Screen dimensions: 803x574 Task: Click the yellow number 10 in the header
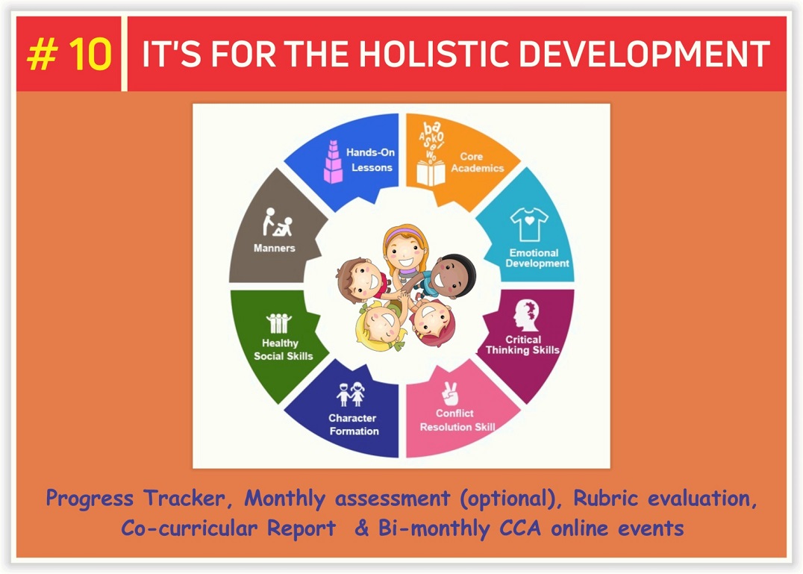90,54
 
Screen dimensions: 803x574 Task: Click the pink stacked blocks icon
333,162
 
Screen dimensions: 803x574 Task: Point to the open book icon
431,173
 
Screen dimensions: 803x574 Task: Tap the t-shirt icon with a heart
529,224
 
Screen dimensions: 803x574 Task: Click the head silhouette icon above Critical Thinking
526,315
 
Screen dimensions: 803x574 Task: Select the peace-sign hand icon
450,394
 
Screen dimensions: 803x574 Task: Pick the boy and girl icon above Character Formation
350,394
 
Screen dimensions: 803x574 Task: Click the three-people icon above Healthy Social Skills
278,323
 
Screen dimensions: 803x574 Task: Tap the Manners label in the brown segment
275,248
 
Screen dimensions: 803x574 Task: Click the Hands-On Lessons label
371,160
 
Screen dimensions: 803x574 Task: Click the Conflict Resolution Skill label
457,420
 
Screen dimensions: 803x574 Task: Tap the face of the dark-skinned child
444,276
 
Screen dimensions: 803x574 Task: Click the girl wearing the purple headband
405,249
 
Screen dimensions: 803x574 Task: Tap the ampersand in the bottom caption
361,528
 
